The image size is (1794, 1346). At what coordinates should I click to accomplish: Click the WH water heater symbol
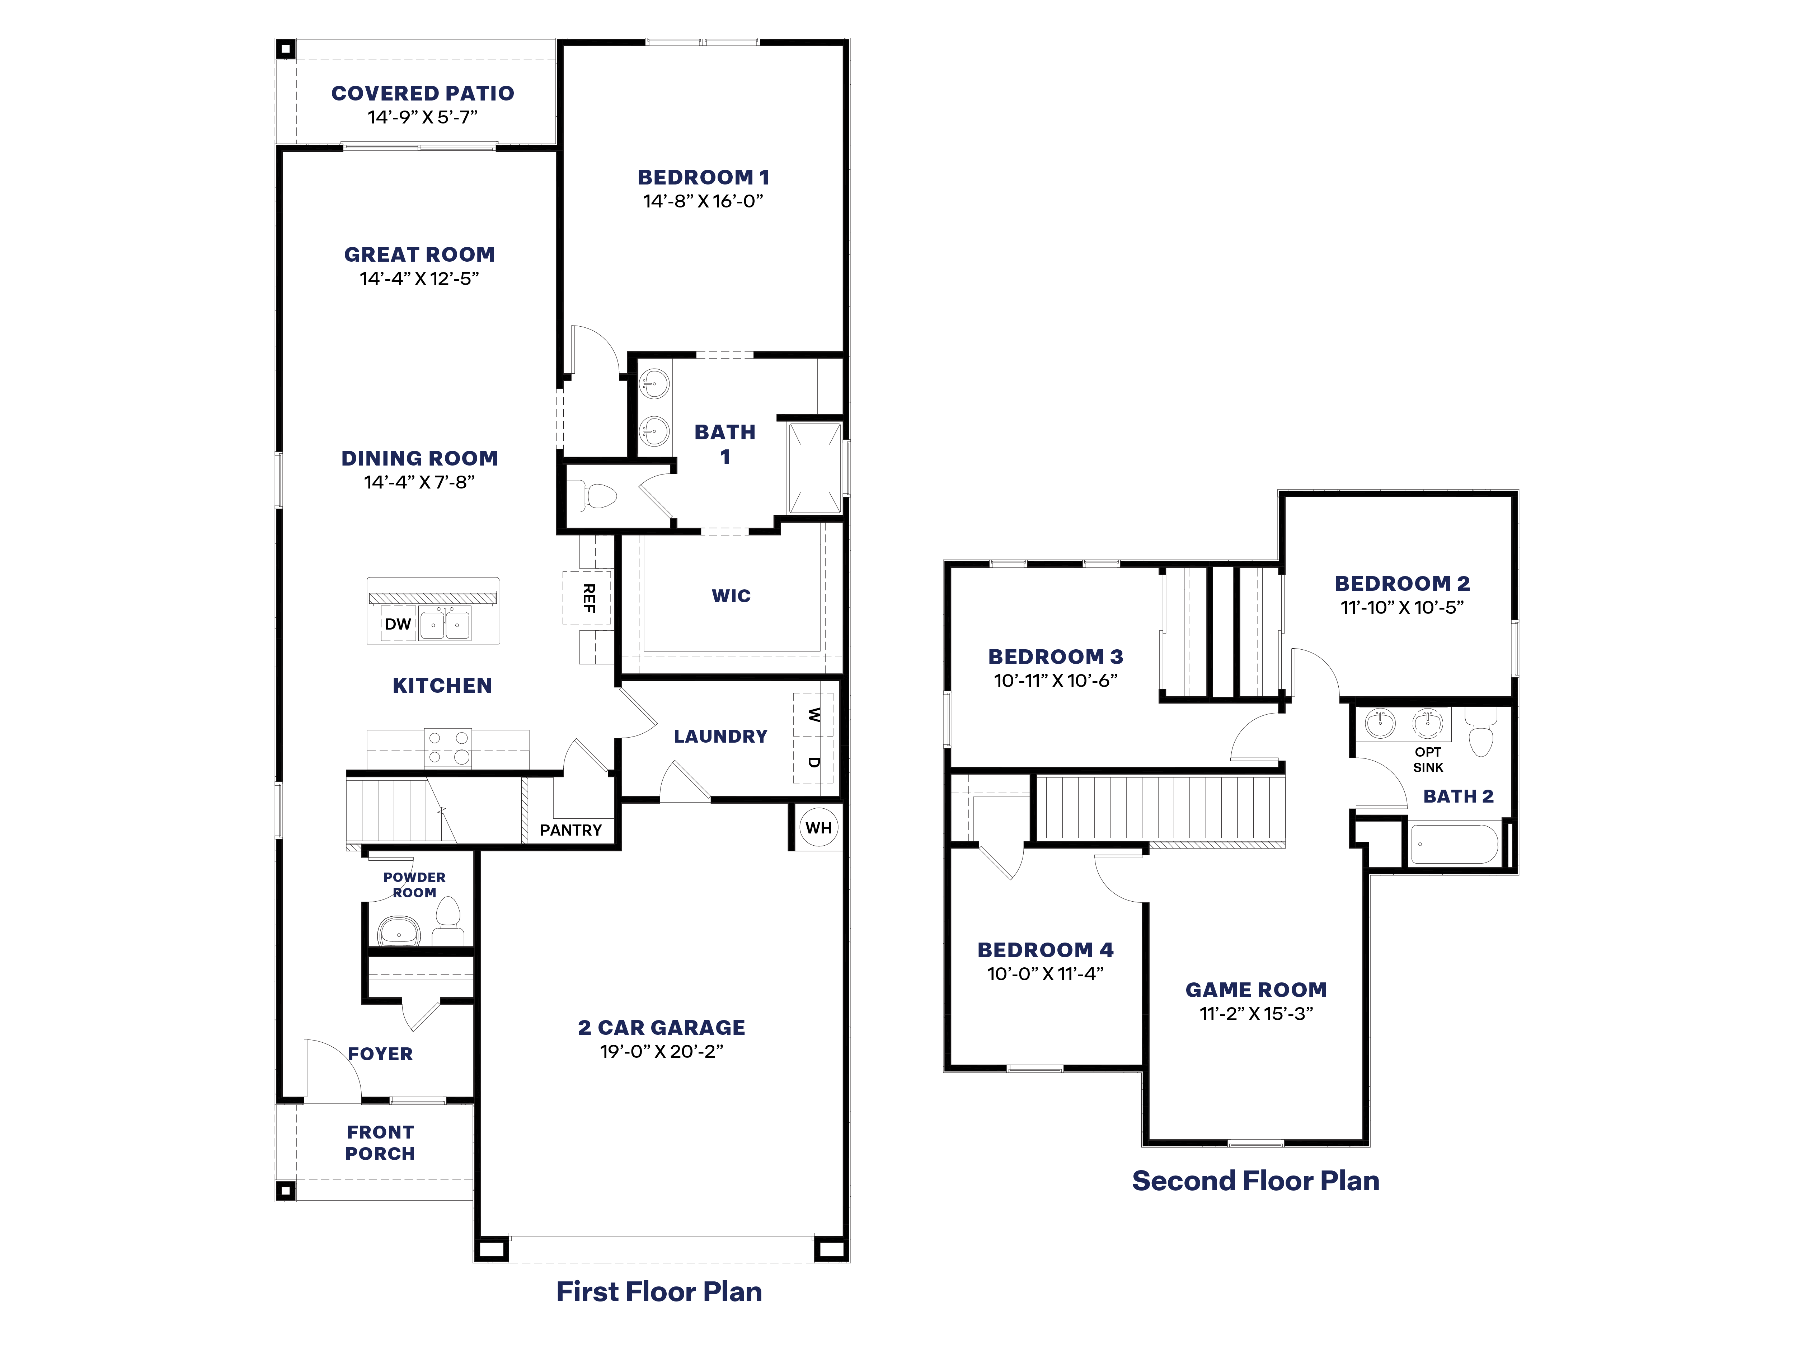(x=818, y=828)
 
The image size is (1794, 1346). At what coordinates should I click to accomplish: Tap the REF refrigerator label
(x=589, y=598)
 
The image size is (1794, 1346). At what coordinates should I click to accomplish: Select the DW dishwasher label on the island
(x=398, y=624)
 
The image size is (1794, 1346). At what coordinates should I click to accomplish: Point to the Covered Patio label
(x=423, y=93)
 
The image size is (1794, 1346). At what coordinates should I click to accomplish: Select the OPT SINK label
(x=1428, y=760)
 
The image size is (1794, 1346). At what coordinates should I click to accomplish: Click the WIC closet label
(x=731, y=595)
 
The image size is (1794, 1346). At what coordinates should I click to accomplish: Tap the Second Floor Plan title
(x=1255, y=1181)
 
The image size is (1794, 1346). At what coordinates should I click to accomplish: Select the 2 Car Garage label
(x=661, y=1027)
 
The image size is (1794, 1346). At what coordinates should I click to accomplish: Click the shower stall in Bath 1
(x=814, y=468)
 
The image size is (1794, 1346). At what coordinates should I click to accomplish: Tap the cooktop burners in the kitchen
(x=448, y=747)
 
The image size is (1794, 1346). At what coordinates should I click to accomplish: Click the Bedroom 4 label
(x=1044, y=949)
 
